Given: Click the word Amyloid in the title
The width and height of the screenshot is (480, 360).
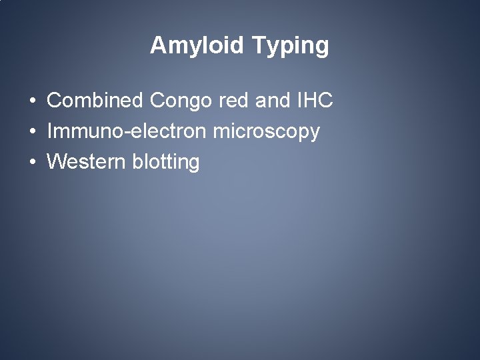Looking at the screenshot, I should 198,45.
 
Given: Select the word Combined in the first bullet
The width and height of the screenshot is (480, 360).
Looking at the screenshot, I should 95,101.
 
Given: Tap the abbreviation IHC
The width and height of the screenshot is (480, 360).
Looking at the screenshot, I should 313,101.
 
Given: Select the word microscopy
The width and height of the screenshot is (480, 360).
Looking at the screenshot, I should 267,132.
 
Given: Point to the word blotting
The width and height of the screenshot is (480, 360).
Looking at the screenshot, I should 166,163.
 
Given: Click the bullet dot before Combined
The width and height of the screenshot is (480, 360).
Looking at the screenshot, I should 32,101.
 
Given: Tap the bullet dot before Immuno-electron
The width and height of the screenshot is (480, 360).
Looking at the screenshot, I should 32,132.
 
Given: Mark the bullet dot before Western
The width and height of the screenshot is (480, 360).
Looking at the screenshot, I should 32,162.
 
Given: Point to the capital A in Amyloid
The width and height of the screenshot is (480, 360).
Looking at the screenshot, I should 157,45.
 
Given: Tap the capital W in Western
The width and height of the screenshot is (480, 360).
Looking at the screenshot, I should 57,161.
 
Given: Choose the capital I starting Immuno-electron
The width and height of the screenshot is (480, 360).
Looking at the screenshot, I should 50,131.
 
